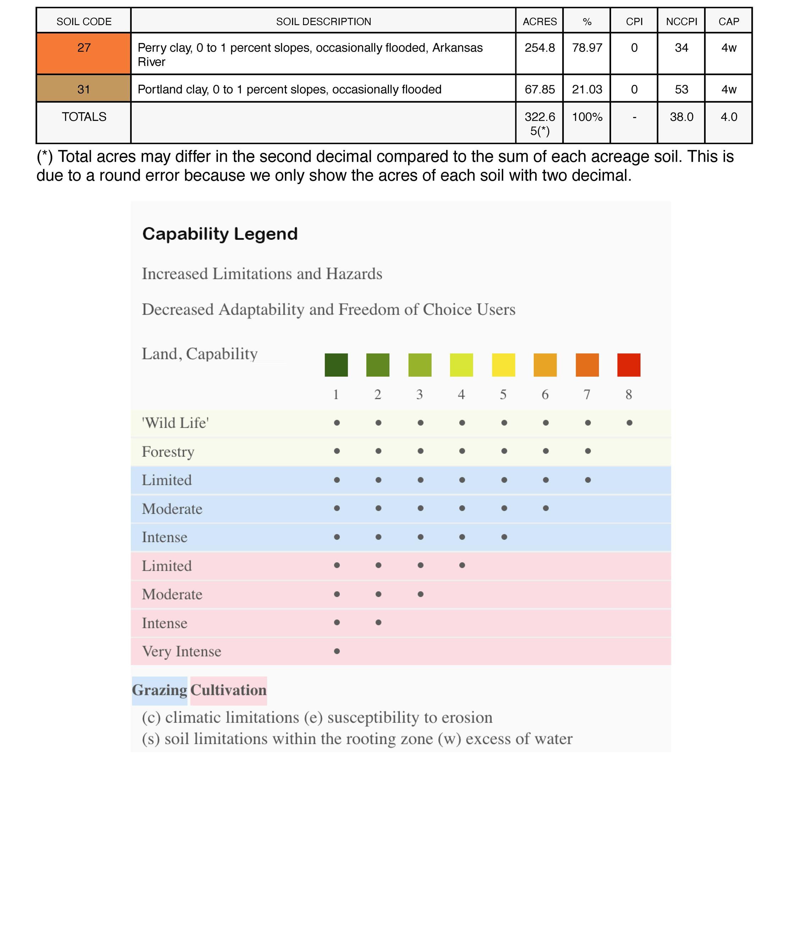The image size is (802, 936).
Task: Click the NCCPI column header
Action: (681, 22)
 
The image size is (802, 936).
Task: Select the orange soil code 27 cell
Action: (84, 53)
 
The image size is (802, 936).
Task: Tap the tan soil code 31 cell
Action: (84, 89)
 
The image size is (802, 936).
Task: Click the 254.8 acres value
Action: (539, 48)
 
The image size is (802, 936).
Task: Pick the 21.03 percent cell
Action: (587, 89)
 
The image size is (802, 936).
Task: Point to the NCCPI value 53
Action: (681, 89)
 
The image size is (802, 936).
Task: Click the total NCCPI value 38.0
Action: (681, 117)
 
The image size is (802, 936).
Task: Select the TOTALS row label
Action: (84, 117)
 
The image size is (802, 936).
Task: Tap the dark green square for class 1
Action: (336, 365)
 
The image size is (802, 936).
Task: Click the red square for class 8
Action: (628, 365)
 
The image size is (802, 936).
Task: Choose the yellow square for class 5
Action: (503, 365)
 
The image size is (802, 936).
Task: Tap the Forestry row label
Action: (168, 452)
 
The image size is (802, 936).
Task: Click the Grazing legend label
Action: (159, 690)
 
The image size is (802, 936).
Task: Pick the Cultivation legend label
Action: (229, 690)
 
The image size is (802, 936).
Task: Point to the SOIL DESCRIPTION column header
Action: (324, 22)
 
